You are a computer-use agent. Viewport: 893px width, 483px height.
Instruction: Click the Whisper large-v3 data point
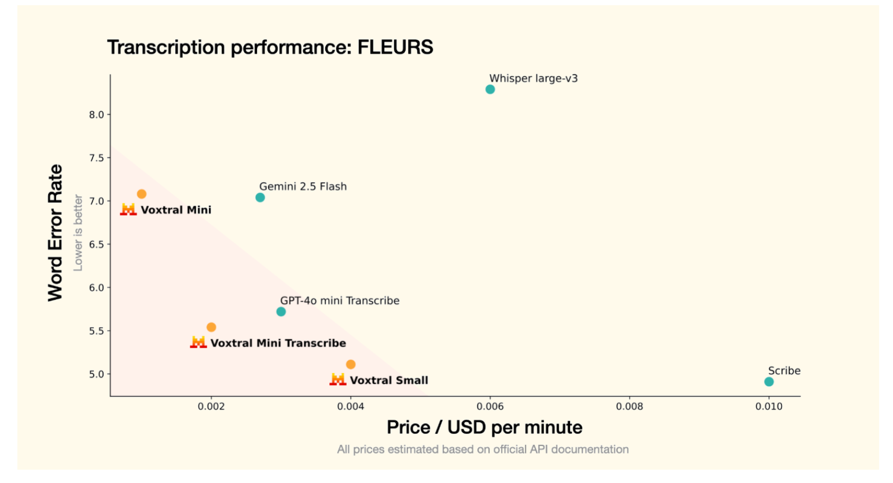(490, 89)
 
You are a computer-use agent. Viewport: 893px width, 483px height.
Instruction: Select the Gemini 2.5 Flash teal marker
(260, 197)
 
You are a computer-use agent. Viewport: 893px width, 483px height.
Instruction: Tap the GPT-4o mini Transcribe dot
(281, 312)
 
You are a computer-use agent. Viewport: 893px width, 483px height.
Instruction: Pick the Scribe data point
(769, 382)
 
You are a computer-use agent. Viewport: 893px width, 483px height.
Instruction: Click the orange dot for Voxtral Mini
(142, 194)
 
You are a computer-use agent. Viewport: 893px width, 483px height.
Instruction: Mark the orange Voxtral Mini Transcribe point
(211, 327)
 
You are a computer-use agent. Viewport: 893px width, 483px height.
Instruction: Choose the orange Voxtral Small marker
(351, 364)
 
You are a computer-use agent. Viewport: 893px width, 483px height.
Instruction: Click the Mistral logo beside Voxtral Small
(338, 380)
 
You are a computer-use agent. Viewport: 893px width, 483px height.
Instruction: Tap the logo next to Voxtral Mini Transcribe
(199, 343)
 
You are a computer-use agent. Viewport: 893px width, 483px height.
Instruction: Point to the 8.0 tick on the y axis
(97, 115)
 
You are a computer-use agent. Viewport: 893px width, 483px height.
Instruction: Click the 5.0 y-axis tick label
(97, 374)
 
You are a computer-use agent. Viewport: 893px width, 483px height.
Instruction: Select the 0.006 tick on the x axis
(490, 407)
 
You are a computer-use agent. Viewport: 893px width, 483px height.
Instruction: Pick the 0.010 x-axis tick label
(769, 407)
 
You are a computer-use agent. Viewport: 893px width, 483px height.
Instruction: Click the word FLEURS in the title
(395, 47)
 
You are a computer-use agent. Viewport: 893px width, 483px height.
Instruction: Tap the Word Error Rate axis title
(55, 233)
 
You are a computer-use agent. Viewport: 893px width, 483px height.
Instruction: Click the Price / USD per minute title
(484, 427)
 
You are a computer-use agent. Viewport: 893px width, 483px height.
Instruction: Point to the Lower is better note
(78, 233)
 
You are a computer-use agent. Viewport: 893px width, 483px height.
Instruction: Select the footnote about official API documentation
(483, 449)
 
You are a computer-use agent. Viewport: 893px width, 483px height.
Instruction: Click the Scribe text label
(784, 371)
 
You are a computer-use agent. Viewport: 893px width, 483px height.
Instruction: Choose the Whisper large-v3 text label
(533, 78)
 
